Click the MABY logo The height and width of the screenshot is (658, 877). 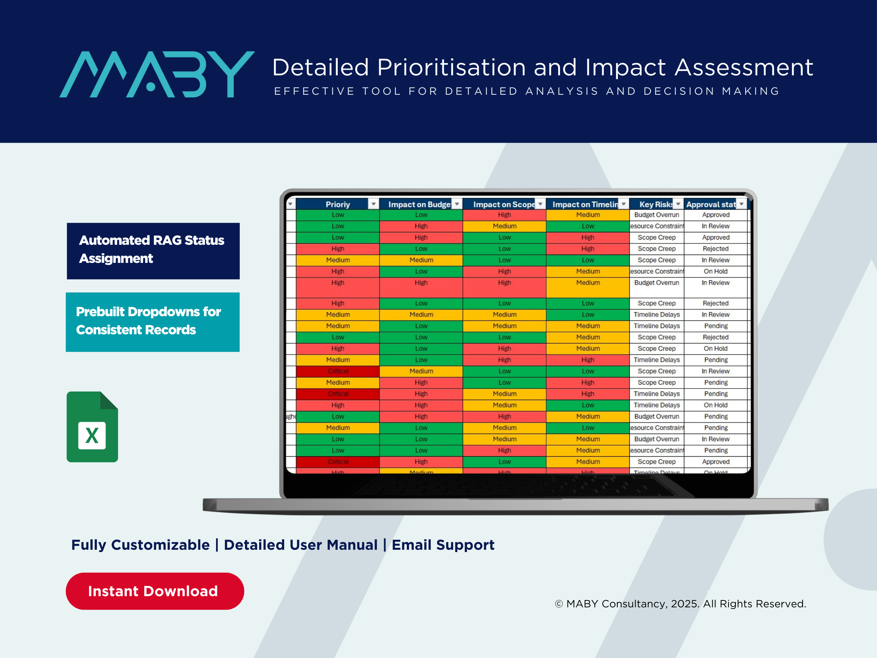(x=157, y=74)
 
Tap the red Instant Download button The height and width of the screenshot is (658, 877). (x=155, y=591)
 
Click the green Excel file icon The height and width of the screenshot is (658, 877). (x=92, y=427)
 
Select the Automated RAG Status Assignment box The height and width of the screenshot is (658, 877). (x=153, y=251)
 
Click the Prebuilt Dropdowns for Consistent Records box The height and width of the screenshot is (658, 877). (x=153, y=322)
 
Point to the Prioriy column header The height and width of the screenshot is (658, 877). (x=337, y=204)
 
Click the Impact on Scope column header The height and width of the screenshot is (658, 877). (x=503, y=204)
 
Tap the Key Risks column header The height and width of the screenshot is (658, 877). (x=655, y=204)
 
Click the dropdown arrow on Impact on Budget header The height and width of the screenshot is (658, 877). (x=457, y=204)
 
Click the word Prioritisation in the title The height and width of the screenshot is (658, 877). (x=451, y=67)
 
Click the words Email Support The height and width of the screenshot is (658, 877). (x=443, y=545)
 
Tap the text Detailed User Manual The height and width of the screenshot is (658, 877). (x=301, y=545)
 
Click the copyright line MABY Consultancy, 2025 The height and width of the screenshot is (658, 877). (x=680, y=604)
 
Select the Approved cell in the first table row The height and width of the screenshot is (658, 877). (x=716, y=215)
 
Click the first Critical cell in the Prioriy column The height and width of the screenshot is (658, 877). (x=338, y=371)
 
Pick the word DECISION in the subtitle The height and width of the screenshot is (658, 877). (x=679, y=91)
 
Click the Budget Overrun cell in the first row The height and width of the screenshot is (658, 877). (x=657, y=215)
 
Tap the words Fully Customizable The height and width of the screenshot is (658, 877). (x=140, y=545)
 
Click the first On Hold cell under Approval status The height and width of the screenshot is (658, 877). (x=716, y=271)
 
